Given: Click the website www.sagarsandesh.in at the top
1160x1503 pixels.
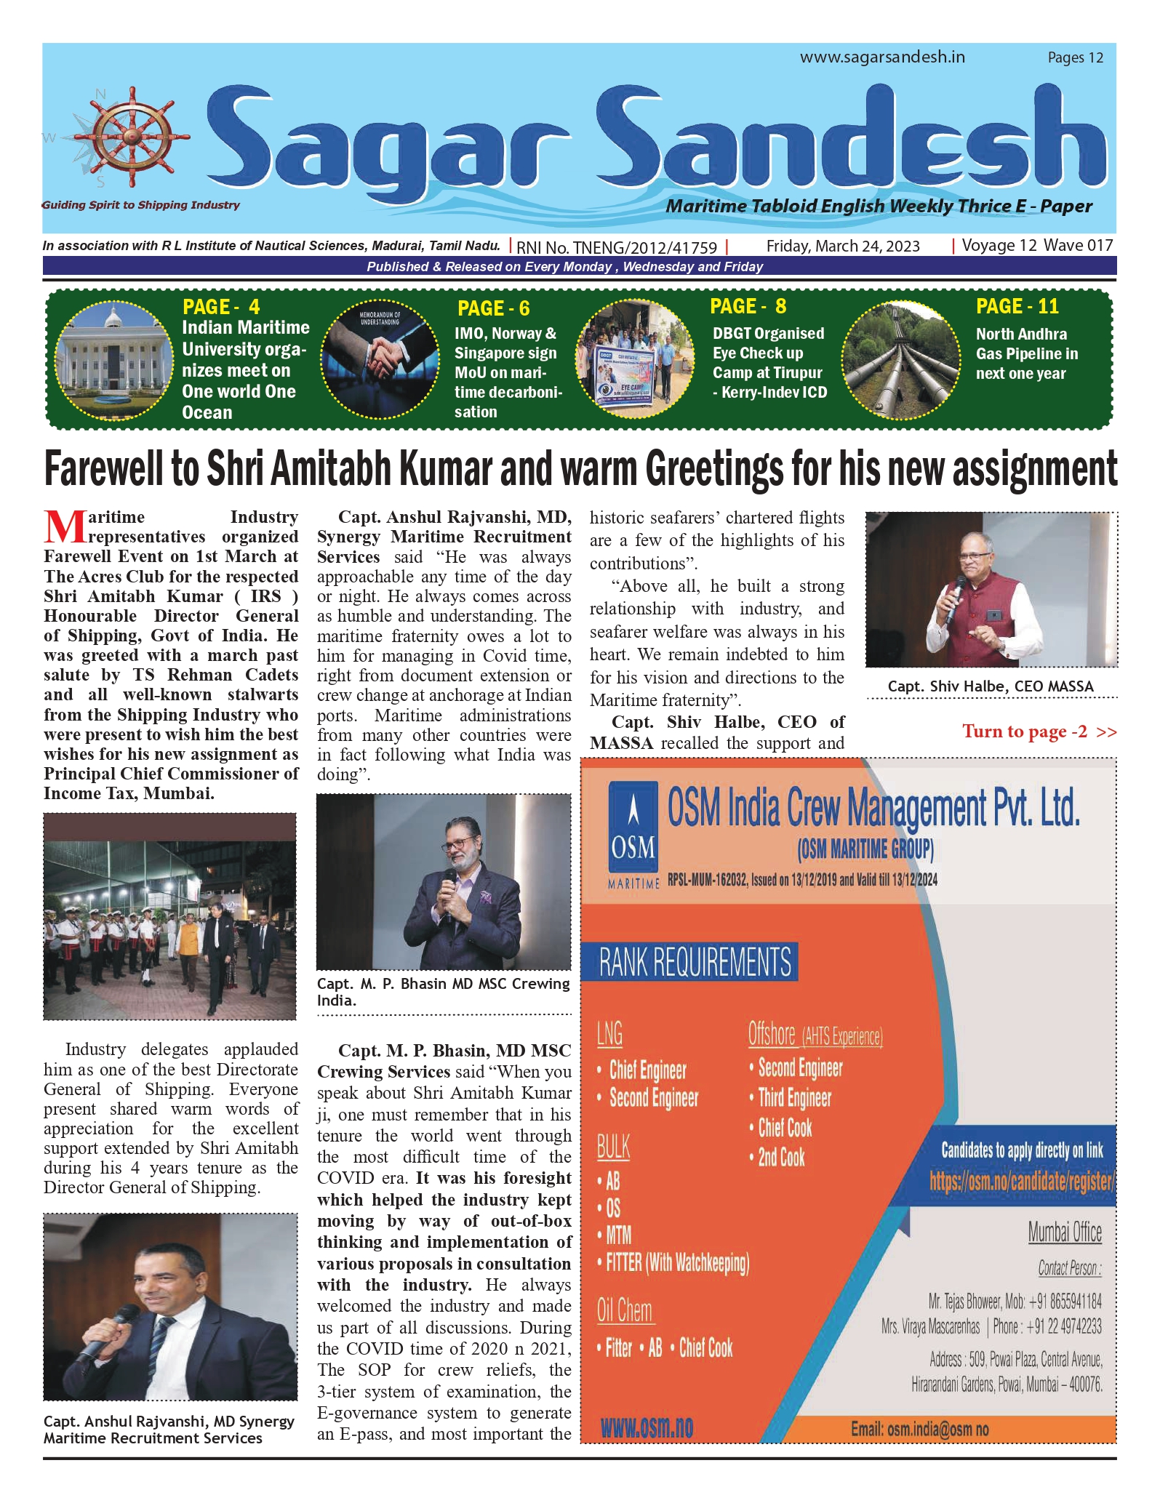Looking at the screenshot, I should point(882,57).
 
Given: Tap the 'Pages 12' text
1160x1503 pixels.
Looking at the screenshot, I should point(1075,58).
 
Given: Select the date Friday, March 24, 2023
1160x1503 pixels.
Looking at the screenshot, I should point(843,247).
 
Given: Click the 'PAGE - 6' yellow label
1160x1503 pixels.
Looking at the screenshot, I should point(493,308).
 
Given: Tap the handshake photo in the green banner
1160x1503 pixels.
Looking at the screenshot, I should point(378,359).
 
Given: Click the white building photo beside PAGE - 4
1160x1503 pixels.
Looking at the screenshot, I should point(113,359).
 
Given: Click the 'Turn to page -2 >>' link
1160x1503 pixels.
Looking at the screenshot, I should point(1039,732).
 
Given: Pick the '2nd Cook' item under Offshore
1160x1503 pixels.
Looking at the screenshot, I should point(781,1158).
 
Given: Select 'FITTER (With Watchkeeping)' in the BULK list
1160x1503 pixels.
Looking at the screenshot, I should point(677,1262).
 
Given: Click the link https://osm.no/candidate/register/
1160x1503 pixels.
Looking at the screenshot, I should point(1021,1180).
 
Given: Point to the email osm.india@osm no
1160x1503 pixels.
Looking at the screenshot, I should point(919,1430).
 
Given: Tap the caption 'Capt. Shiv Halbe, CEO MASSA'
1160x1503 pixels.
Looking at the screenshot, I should point(991,686).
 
